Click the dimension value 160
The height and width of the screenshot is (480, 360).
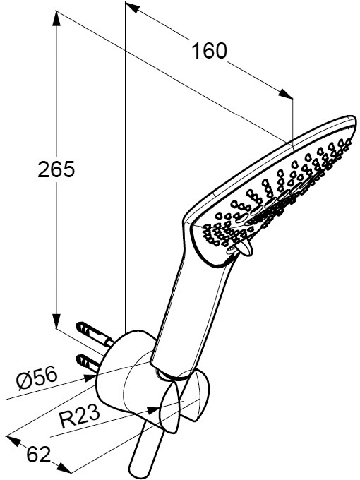(x=210, y=51)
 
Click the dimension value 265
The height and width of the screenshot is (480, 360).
(x=56, y=169)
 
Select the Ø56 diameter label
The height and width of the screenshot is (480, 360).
(x=37, y=378)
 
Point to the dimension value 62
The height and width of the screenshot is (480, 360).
(x=39, y=455)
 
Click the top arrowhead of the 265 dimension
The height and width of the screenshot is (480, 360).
(x=56, y=19)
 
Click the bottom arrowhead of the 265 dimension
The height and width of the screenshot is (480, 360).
(x=56, y=320)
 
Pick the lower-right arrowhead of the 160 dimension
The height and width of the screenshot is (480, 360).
(x=286, y=93)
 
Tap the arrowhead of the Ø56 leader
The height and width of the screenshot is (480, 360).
(x=90, y=378)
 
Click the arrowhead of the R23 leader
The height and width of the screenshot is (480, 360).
(x=154, y=409)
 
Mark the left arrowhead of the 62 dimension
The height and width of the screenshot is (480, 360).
(x=14, y=440)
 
